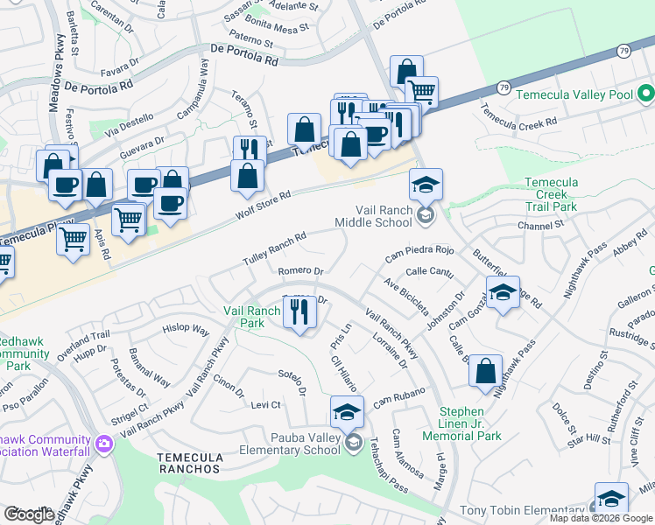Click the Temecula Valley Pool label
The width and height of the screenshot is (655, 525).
coord(574,94)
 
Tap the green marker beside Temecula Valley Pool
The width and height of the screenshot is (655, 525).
coord(645,93)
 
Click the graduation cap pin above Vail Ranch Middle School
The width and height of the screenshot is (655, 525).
coord(426,185)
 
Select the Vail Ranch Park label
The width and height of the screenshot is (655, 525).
coord(257,316)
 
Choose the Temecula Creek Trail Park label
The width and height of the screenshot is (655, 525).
coord(563,194)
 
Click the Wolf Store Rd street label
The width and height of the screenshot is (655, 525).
coord(262,207)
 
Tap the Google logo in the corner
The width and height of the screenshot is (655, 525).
coord(30,514)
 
